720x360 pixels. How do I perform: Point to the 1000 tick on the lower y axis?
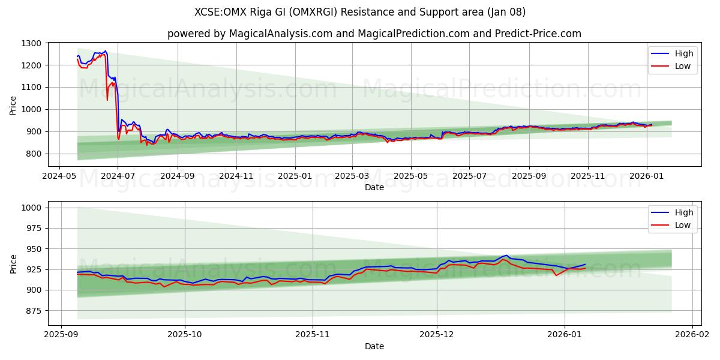pos(30,208)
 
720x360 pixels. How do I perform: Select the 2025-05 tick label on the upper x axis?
pos(411,176)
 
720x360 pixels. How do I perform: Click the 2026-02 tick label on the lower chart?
pos(692,334)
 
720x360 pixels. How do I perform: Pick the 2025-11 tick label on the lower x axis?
pos(313,334)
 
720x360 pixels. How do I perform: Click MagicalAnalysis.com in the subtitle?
pos(281,34)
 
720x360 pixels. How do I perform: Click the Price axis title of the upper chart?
pos(13,104)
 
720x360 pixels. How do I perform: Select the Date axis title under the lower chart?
pos(374,346)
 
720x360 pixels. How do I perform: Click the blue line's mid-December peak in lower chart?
pos(506,256)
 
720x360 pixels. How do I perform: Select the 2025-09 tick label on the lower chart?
pos(61,334)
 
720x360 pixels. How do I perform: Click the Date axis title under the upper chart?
pos(374,188)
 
